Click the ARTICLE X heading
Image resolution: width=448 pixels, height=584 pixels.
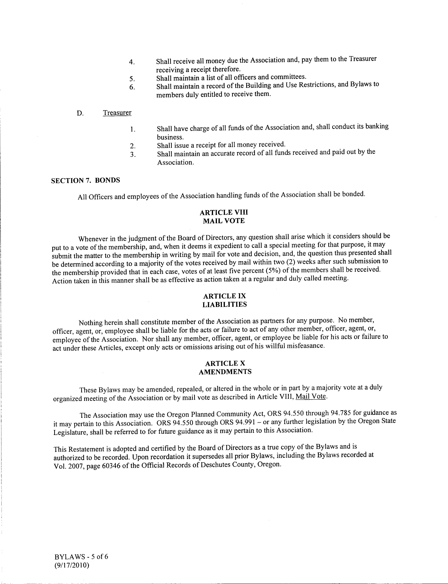(225, 363)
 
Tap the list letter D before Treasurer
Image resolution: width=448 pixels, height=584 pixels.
(80, 113)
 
